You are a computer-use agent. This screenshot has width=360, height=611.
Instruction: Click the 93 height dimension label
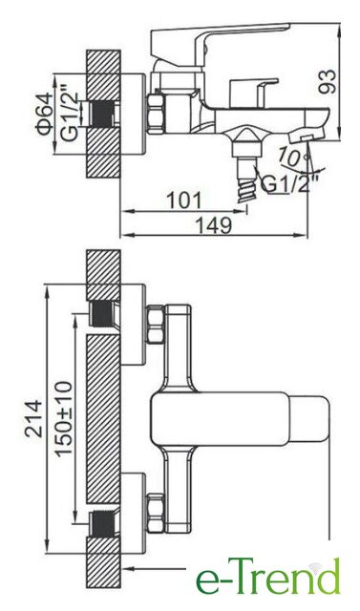coord(327,81)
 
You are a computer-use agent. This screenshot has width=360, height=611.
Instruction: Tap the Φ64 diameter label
coord(46,114)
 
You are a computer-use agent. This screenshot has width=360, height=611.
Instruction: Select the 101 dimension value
coord(184,200)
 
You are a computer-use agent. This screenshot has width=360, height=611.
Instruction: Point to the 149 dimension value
coord(213,225)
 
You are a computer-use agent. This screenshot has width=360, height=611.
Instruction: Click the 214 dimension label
coord(33,418)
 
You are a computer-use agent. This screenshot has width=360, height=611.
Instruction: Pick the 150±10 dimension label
coord(64,418)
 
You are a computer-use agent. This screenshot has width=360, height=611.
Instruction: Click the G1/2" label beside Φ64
coord(70,116)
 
